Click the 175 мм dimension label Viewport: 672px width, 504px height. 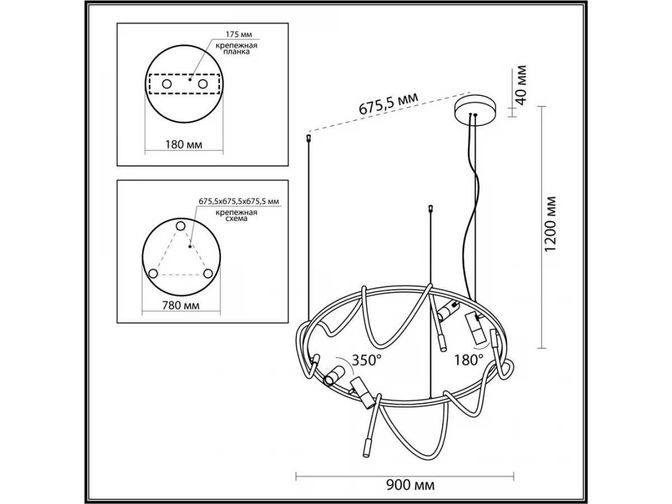click(239, 34)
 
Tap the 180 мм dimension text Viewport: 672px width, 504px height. click(184, 144)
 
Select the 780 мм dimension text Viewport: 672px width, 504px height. click(181, 305)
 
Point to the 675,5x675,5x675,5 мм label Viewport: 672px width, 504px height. click(239, 202)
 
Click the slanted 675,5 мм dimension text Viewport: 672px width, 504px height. click(388, 104)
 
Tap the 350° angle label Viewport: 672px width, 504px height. click(366, 360)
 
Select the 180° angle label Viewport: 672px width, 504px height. click(468, 360)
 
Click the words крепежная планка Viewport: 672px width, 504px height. click(236, 49)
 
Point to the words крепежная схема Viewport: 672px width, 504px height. click(236, 216)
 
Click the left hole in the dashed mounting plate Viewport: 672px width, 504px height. click(166, 84)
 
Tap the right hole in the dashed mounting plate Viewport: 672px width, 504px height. click(203, 84)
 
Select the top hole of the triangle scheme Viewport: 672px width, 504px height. click(181, 226)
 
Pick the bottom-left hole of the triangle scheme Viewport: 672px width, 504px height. click(153, 274)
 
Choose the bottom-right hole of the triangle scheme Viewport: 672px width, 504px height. click(208, 274)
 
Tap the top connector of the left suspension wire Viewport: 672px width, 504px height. click(309, 138)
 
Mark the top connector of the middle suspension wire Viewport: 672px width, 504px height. click(431, 208)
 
